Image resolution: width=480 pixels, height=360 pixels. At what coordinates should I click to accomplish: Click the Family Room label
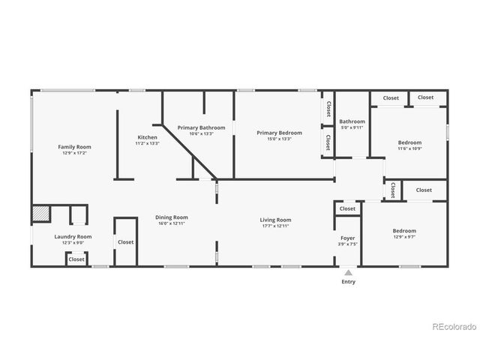pyautogui.click(x=74, y=146)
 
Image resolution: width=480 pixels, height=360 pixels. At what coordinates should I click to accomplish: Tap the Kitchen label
pyautogui.click(x=147, y=137)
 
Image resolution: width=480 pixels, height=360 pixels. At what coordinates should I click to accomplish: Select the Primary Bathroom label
pyautogui.click(x=201, y=127)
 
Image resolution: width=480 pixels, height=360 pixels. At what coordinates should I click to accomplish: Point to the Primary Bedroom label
pyautogui.click(x=279, y=133)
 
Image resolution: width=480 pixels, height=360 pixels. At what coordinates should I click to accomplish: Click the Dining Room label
pyautogui.click(x=172, y=217)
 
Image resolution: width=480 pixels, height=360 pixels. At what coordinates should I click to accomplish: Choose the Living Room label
pyautogui.click(x=275, y=220)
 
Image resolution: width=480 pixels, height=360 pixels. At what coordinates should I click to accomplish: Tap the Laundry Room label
pyautogui.click(x=73, y=237)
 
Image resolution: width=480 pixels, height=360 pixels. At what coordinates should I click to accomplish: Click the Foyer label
pyautogui.click(x=348, y=238)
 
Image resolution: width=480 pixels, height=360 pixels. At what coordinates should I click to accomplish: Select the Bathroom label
pyautogui.click(x=352, y=121)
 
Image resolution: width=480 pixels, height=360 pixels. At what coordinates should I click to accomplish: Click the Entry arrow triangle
pyautogui.click(x=348, y=272)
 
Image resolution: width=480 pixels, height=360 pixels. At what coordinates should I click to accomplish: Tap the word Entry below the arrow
pyautogui.click(x=349, y=282)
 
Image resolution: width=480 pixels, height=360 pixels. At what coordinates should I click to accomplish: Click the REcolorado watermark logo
pyautogui.click(x=454, y=326)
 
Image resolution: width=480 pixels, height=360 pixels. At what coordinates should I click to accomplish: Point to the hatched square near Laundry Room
pyautogui.click(x=40, y=214)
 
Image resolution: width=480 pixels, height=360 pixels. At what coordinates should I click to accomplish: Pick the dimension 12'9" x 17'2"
pyautogui.click(x=74, y=153)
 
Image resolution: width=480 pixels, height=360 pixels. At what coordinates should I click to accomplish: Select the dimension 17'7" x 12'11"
pyautogui.click(x=275, y=226)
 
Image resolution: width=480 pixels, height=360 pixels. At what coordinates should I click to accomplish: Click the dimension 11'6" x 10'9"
pyautogui.click(x=409, y=148)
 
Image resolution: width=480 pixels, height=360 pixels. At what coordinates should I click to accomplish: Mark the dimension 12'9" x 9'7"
pyautogui.click(x=404, y=237)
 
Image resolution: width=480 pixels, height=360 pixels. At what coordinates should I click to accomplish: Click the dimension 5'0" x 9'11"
pyautogui.click(x=352, y=127)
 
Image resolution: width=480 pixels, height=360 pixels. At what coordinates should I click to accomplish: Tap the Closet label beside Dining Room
pyautogui.click(x=125, y=242)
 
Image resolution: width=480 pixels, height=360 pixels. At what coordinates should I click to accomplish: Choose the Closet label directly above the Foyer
pyautogui.click(x=347, y=209)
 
